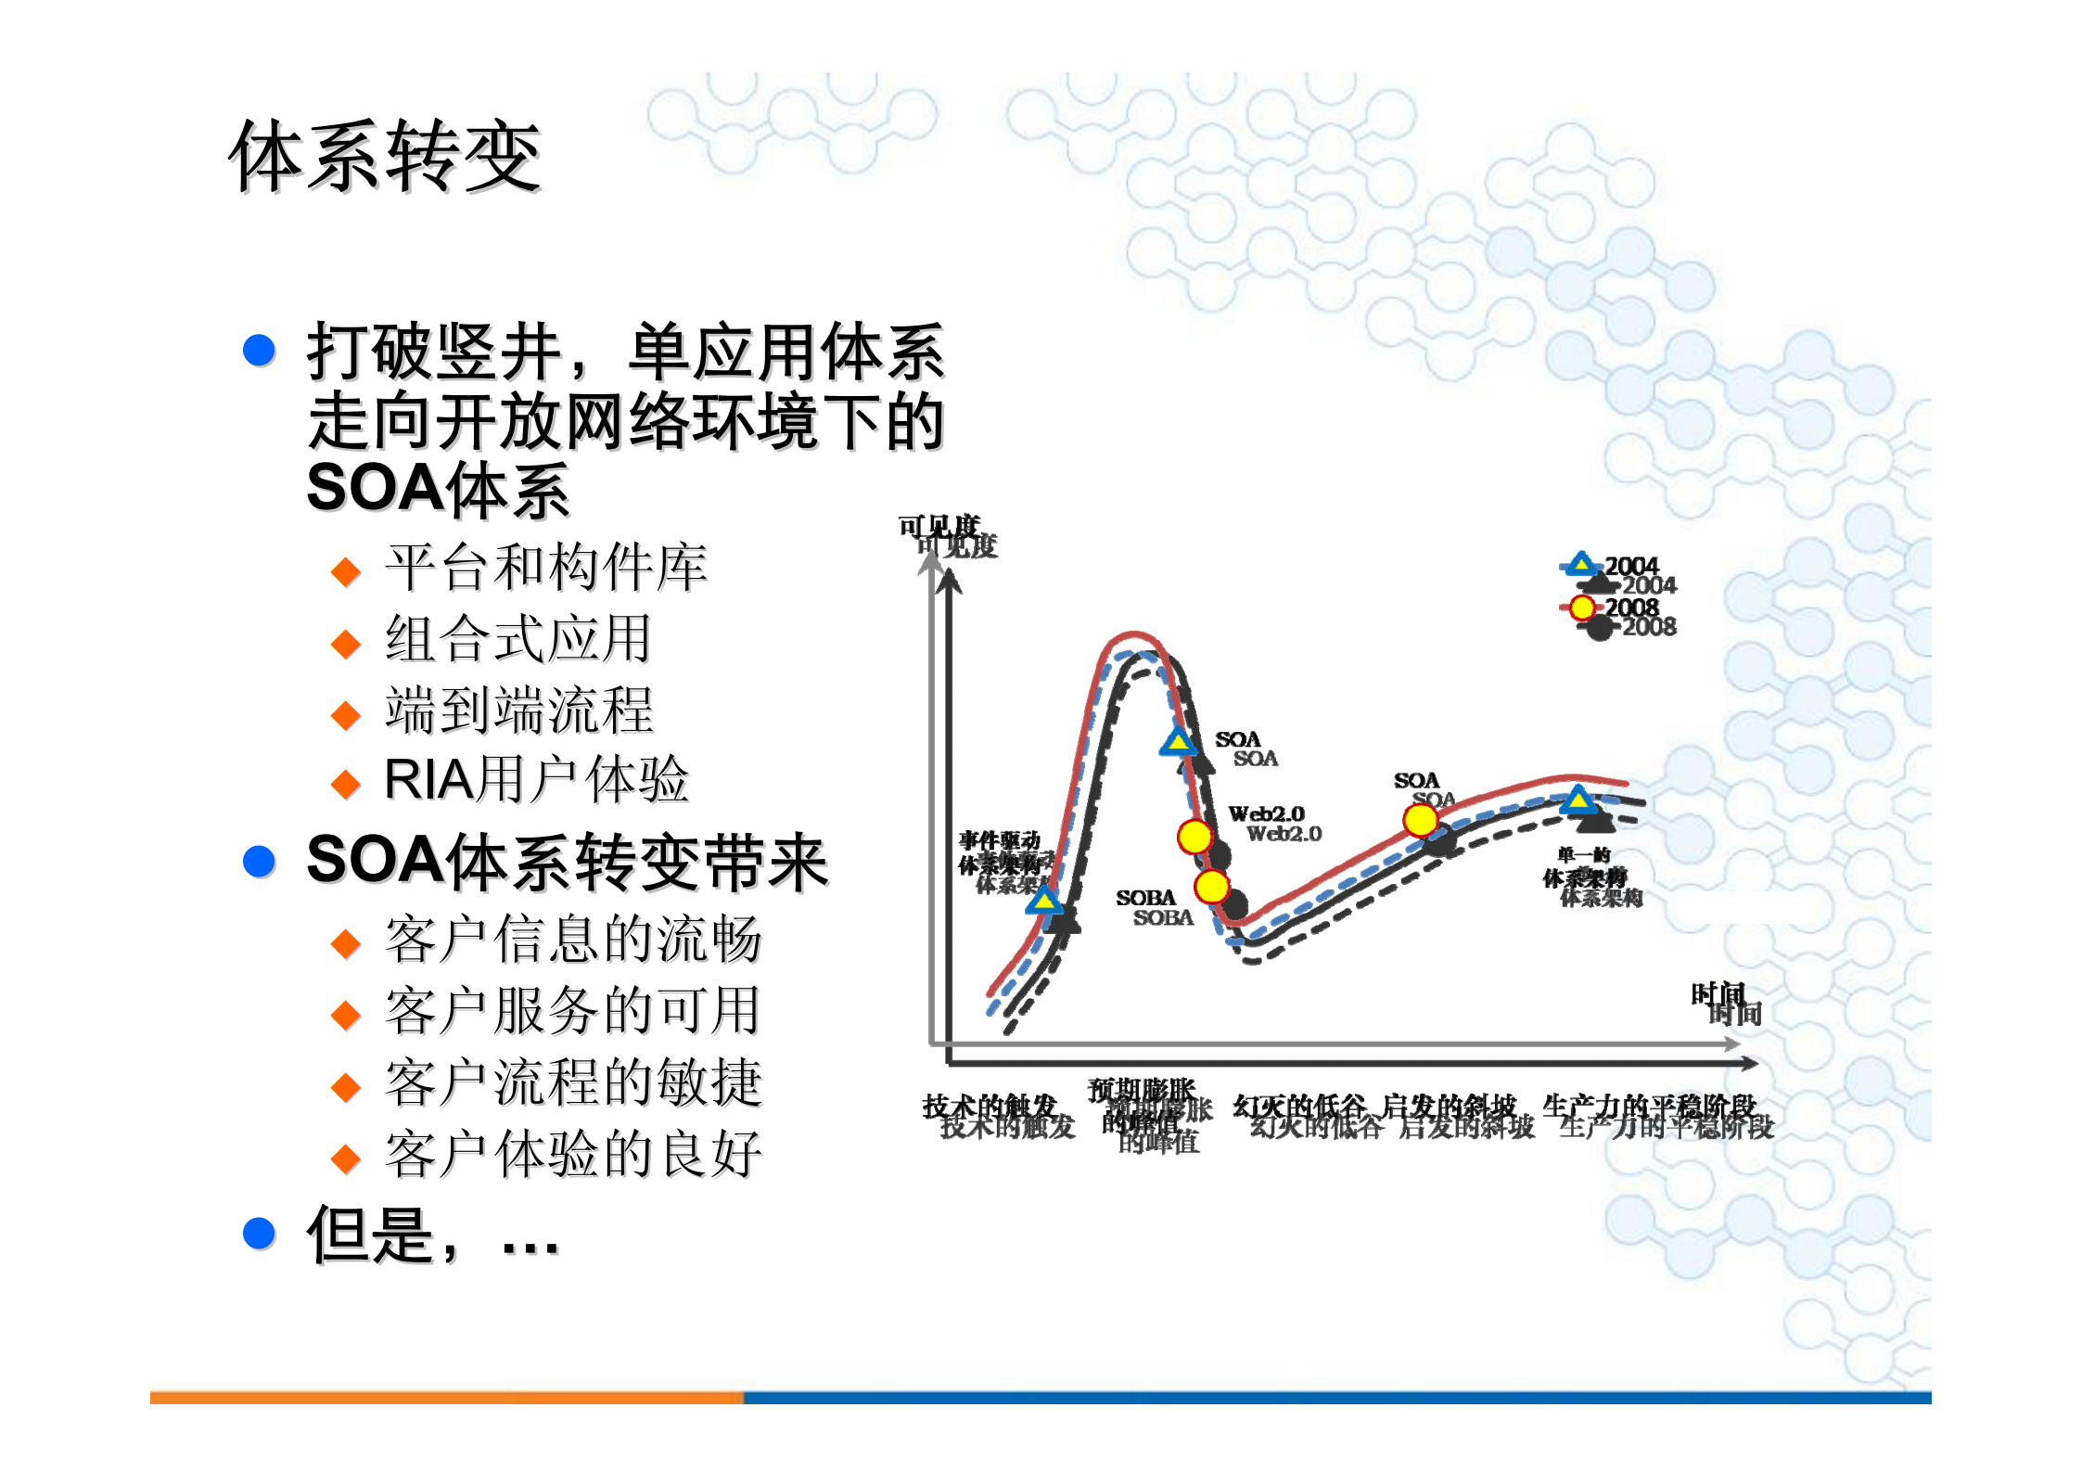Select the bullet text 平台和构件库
click(x=546, y=568)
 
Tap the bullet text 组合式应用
click(x=518, y=639)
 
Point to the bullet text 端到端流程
click(x=519, y=710)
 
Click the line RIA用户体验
click(x=536, y=780)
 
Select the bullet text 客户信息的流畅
click(x=573, y=940)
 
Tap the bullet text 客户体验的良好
click(x=573, y=1155)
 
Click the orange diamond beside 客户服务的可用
click(x=346, y=1015)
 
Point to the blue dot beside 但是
click(x=259, y=1233)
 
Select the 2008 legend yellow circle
click(x=1582, y=608)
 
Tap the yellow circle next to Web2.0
click(x=1194, y=837)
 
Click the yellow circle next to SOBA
click(x=1211, y=887)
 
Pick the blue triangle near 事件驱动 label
click(x=1044, y=899)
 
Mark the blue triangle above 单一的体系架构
click(x=1577, y=800)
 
